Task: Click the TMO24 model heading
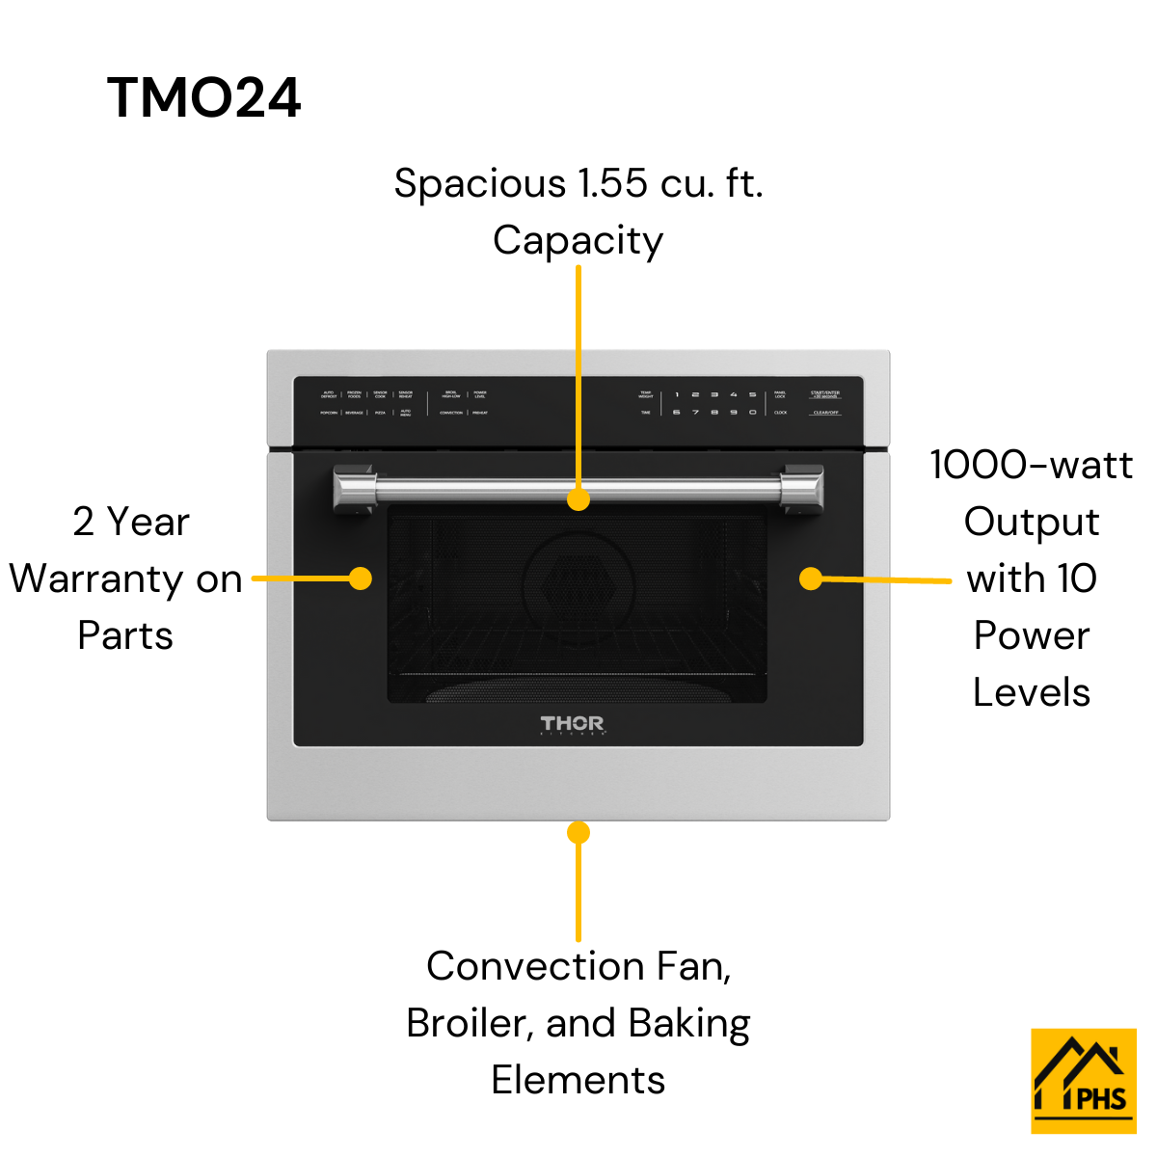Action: pyautogui.click(x=203, y=98)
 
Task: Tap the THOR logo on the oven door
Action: pyautogui.click(x=573, y=724)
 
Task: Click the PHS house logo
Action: pyautogui.click(x=1084, y=1081)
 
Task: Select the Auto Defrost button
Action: pyautogui.click(x=329, y=394)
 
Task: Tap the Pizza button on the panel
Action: pyautogui.click(x=380, y=413)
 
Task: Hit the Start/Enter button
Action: pyautogui.click(x=825, y=394)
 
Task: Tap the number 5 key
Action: pyautogui.click(x=752, y=394)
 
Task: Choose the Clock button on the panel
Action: pyautogui.click(x=780, y=413)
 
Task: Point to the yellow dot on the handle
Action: pyautogui.click(x=578, y=499)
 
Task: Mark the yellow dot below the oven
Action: pyautogui.click(x=578, y=832)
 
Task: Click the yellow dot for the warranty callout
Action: pyautogui.click(x=361, y=578)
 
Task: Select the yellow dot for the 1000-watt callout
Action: pyautogui.click(x=811, y=578)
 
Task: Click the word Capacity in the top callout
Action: pyautogui.click(x=578, y=241)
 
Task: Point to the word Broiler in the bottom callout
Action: pyautogui.click(x=470, y=1023)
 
